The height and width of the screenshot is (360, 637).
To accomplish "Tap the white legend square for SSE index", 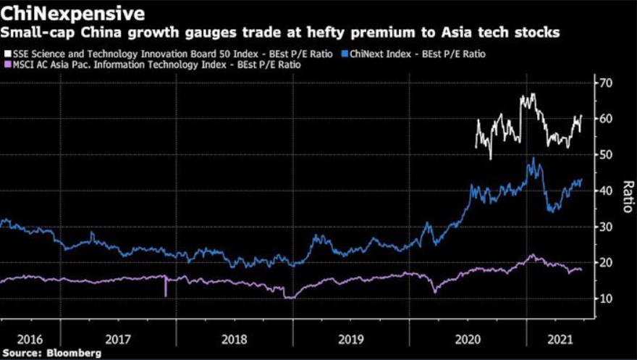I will pos(7,54).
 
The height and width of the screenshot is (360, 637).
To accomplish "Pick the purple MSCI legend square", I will pos(7,65).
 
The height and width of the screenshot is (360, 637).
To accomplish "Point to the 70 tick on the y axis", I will pos(605,83).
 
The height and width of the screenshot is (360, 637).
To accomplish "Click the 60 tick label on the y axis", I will pos(605,119).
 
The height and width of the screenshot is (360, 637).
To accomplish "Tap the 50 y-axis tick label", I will pos(605,155).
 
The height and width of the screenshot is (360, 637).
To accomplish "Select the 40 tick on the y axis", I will pos(605,191).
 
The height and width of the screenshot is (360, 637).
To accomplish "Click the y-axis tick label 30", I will pos(605,227).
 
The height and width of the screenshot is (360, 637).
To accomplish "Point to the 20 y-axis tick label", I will pos(605,262).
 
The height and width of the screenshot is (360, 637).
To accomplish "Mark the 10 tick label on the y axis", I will pos(605,298).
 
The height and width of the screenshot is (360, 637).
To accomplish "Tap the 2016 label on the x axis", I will pos(30,339).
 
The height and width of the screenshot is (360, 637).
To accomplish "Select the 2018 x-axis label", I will pos(235,339).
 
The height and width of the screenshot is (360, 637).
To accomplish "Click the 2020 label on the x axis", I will pos(466,339).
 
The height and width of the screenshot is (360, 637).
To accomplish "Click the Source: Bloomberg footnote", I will pos(51,353).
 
